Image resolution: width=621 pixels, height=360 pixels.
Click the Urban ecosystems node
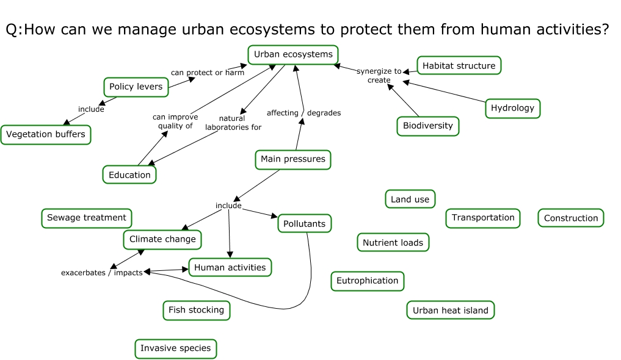293,54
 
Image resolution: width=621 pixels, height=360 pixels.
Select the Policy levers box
136,87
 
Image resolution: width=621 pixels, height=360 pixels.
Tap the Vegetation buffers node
46,134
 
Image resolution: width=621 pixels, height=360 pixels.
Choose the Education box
129,175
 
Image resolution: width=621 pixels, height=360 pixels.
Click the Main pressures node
293,159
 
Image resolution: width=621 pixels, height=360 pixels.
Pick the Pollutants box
305,224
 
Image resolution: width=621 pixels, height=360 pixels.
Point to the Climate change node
162,239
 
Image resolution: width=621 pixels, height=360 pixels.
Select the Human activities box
230,267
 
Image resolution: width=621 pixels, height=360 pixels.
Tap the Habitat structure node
459,65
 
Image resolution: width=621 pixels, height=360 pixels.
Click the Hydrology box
512,108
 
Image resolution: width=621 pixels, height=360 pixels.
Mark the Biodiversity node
427,126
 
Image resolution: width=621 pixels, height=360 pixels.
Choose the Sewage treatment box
87,217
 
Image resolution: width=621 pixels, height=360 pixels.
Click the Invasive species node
175,348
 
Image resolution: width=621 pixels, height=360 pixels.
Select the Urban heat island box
450,310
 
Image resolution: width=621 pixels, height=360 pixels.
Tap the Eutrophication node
367,281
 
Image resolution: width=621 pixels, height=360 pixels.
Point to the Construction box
570,218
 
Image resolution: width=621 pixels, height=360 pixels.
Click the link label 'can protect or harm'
207,73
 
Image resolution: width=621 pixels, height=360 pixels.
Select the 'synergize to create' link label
379,76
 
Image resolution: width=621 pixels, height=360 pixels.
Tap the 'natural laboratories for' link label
233,123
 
